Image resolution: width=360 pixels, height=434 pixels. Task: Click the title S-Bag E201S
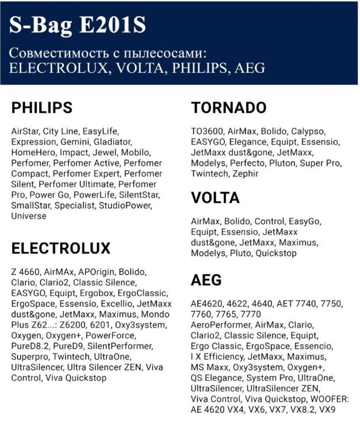point(78,25)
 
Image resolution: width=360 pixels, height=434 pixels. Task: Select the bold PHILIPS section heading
point(42,107)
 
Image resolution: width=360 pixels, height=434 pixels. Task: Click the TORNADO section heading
point(229,107)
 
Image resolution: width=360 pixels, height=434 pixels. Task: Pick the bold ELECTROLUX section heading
point(61,248)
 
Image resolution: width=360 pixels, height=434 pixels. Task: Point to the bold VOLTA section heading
point(216,198)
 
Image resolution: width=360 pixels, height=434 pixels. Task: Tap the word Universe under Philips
point(29,217)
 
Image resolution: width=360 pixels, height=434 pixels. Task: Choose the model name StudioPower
point(126,206)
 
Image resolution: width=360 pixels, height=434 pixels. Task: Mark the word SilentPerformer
point(120,346)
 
